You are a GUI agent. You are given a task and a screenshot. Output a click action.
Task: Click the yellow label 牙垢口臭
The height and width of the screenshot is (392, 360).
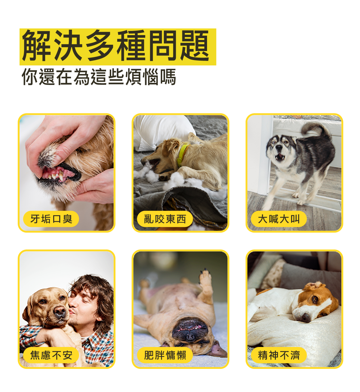(51, 219)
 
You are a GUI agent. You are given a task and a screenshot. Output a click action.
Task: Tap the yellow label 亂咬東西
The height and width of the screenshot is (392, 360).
(165, 219)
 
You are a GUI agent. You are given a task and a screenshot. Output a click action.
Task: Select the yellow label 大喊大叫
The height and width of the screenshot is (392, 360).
(279, 219)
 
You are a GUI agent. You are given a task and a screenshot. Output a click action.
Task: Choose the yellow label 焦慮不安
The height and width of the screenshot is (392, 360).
(51, 355)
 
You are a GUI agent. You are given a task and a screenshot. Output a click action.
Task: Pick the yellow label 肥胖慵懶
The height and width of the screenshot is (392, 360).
(165, 355)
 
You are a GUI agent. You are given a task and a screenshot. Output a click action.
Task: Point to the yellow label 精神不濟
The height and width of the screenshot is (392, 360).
(279, 355)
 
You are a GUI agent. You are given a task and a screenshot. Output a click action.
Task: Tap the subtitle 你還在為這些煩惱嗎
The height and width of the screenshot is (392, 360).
(99, 77)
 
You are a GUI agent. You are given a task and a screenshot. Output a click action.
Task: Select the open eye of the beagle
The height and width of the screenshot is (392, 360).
(315, 299)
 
